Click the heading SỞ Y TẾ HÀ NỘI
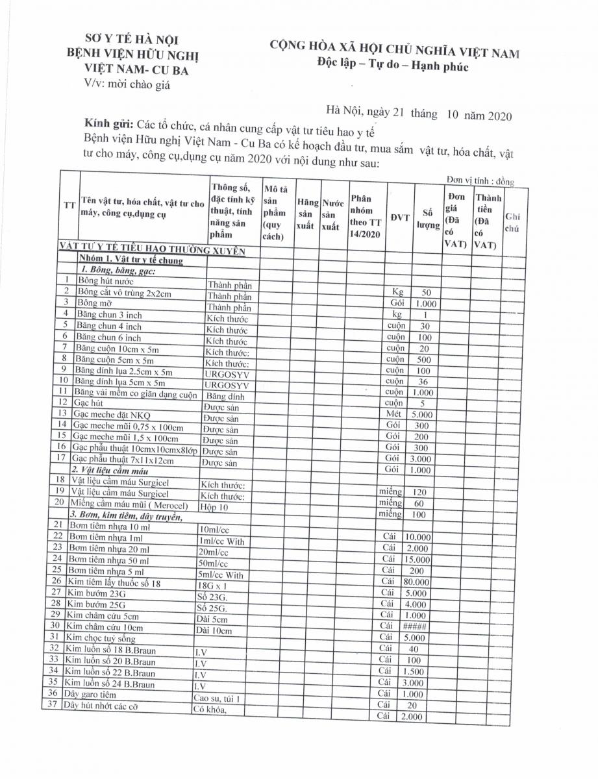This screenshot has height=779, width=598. pos(132,40)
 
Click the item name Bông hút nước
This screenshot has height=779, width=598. pos(106,281)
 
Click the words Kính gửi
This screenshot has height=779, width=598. pos(108,123)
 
